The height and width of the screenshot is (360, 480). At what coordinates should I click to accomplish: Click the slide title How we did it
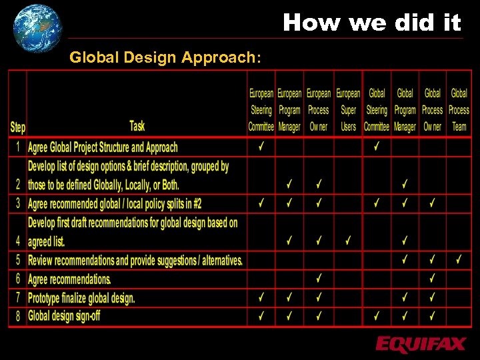(371, 23)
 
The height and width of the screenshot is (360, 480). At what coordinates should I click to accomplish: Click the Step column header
(18, 127)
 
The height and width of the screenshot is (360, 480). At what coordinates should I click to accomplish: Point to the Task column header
(137, 125)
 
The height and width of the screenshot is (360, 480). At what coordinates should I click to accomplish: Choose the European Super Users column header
(348, 110)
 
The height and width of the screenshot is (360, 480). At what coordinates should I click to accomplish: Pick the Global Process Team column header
(459, 110)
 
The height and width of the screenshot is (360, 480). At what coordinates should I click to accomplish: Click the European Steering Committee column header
(261, 110)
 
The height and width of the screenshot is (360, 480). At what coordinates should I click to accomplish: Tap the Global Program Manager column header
(405, 110)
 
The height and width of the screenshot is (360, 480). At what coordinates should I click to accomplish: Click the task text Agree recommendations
(69, 279)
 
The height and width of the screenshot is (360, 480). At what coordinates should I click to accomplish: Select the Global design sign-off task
(64, 315)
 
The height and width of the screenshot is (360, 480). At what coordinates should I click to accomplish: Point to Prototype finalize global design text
(81, 297)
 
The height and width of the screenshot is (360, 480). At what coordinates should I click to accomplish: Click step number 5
(18, 260)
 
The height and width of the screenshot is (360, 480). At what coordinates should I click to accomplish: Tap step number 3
(18, 203)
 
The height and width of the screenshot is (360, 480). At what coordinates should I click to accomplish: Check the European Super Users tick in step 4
(348, 240)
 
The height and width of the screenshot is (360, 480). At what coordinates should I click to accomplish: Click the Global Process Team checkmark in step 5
(459, 259)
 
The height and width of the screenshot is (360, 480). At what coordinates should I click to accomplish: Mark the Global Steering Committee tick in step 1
(377, 146)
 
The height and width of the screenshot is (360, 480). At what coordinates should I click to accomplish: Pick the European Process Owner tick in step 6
(319, 278)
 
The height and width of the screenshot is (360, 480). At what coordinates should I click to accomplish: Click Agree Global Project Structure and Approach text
(103, 147)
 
